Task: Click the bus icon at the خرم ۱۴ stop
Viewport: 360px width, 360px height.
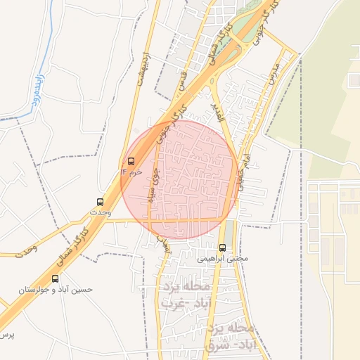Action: point(131,161)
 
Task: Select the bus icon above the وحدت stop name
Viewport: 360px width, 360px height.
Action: point(101,202)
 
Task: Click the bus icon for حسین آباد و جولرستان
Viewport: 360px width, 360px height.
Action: point(56,279)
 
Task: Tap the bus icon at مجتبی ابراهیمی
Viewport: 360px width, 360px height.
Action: point(223,247)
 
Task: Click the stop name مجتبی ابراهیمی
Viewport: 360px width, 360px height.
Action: point(223,258)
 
